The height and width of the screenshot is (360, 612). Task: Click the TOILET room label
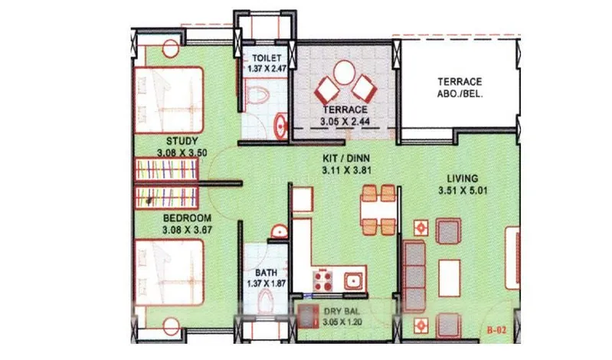tap(267, 58)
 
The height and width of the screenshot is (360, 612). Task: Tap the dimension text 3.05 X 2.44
tap(345, 122)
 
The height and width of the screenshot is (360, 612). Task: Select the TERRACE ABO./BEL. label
tap(460, 88)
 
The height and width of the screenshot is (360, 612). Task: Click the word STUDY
tap(182, 141)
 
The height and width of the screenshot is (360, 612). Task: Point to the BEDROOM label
tap(188, 218)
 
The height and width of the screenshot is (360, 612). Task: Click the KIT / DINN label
tap(346, 159)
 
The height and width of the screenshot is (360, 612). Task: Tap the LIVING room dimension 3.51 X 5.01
tap(463, 191)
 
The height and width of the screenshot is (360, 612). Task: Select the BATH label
tap(267, 272)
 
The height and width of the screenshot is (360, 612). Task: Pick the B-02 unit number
tap(497, 330)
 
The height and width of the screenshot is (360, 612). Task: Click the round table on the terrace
tap(344, 72)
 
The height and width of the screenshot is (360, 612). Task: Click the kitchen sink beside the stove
tap(353, 281)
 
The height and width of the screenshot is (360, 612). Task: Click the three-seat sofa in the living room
tap(414, 277)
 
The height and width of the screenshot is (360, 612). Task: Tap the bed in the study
tap(169, 100)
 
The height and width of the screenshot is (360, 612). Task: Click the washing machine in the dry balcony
tap(307, 316)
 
